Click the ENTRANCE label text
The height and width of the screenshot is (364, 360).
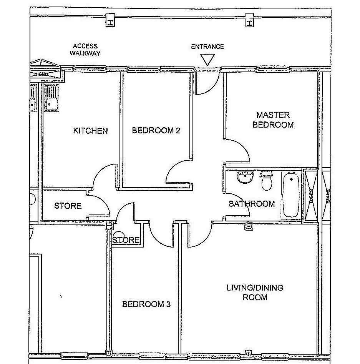click(x=207, y=47)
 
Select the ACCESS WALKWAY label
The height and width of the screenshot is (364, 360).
click(x=85, y=50)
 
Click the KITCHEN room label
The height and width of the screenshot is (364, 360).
click(x=90, y=131)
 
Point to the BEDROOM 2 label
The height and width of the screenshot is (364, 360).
click(x=156, y=130)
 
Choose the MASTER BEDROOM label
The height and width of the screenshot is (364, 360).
click(x=273, y=120)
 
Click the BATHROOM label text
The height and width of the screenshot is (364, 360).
click(x=252, y=204)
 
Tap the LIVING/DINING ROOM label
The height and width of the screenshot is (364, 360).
click(x=255, y=293)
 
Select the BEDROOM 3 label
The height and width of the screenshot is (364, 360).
click(x=146, y=304)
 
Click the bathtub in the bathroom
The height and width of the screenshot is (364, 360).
click(x=291, y=195)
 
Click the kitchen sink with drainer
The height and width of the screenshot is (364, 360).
click(x=51, y=98)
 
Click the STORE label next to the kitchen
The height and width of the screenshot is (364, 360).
click(x=68, y=206)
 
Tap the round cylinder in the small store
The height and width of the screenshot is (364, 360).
click(x=120, y=235)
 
